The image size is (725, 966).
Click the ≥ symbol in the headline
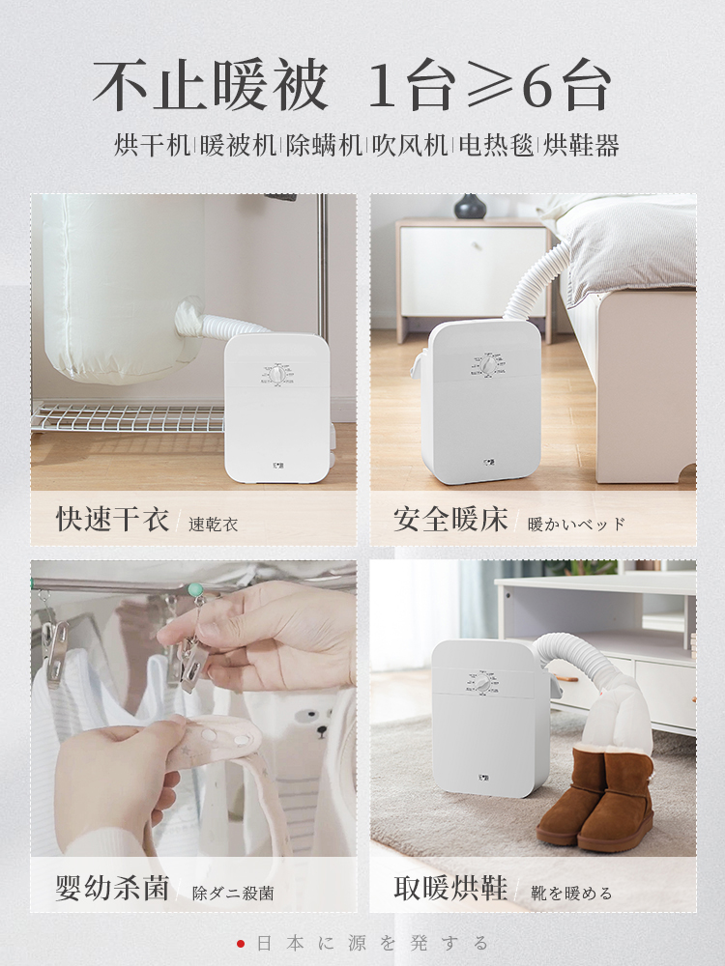click(x=491, y=86)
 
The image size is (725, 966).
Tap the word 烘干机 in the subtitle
click(x=153, y=146)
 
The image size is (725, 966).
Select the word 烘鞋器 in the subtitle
click(x=581, y=146)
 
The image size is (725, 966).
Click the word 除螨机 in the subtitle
click(x=324, y=146)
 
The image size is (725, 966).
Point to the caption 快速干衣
click(x=112, y=519)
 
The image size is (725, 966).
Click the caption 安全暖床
click(x=450, y=519)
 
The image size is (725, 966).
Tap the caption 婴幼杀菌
click(x=112, y=888)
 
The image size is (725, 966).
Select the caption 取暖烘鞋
click(x=450, y=888)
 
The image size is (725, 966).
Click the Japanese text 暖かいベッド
click(x=576, y=525)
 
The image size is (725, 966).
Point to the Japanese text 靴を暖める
click(x=571, y=893)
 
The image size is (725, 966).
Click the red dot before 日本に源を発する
click(x=241, y=943)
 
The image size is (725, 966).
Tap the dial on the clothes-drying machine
click(x=276, y=374)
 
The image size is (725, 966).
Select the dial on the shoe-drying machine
click(x=481, y=683)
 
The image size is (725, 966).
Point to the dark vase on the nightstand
click(x=470, y=207)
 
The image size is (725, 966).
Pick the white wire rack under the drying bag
click(x=128, y=418)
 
